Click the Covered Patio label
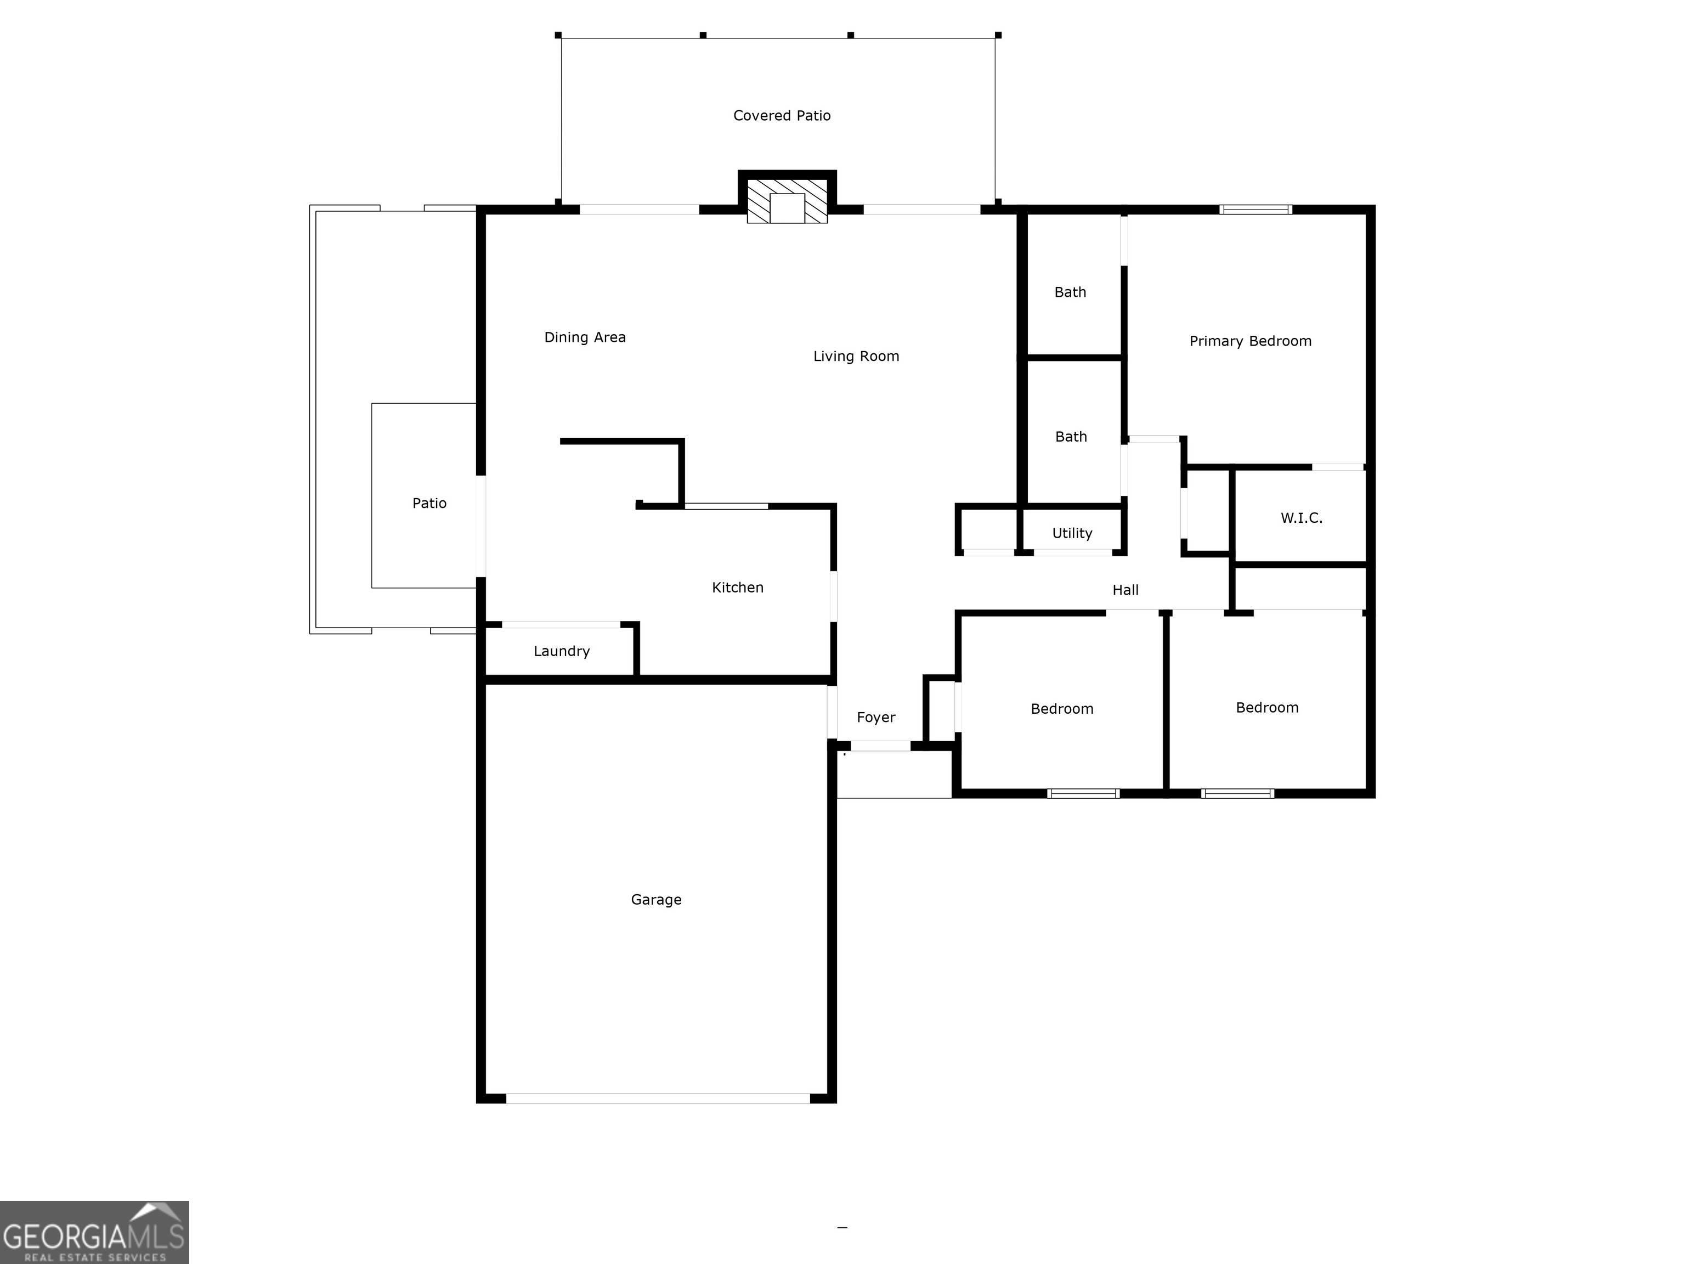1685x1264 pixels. click(x=782, y=116)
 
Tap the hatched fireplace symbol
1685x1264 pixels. click(x=787, y=202)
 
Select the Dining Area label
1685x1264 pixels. click(x=584, y=337)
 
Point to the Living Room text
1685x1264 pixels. click(x=856, y=357)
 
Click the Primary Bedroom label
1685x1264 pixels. click(x=1250, y=341)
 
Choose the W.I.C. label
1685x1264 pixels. click(x=1301, y=518)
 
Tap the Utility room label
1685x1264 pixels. click(x=1072, y=533)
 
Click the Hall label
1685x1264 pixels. click(x=1125, y=590)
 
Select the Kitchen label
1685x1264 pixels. click(x=737, y=588)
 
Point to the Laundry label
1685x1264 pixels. click(x=562, y=651)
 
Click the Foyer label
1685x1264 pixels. click(x=876, y=718)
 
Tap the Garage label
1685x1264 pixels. click(x=656, y=900)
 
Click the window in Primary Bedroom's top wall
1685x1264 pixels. click(x=1256, y=210)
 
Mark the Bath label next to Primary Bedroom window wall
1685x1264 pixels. click(x=1070, y=292)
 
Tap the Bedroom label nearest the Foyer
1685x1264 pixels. click(x=1061, y=709)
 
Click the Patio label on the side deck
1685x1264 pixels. click(x=429, y=504)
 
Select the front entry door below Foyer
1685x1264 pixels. click(x=880, y=747)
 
